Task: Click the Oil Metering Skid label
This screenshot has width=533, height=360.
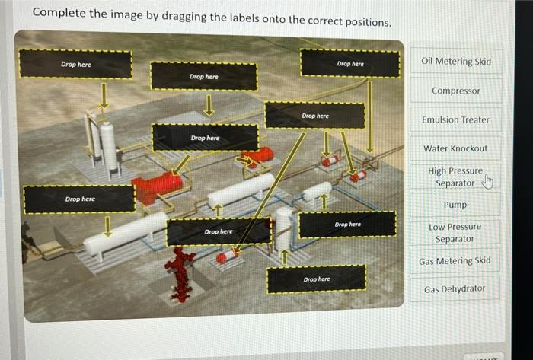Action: pyautogui.click(x=456, y=61)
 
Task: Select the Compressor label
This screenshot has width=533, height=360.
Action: pyautogui.click(x=456, y=91)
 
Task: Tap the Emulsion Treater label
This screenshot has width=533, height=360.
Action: pyautogui.click(x=455, y=119)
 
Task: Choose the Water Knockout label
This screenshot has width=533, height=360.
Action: pyautogui.click(x=455, y=148)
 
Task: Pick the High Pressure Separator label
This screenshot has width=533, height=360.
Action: pyautogui.click(x=455, y=177)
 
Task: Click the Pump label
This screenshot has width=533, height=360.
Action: pyautogui.click(x=455, y=205)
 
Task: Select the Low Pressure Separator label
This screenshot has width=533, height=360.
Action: pyautogui.click(x=455, y=233)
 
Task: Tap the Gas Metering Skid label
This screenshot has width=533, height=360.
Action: pyautogui.click(x=455, y=261)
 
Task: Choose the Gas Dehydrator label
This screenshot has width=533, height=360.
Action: pyautogui.click(x=455, y=289)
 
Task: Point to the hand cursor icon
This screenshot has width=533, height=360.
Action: pyautogui.click(x=488, y=181)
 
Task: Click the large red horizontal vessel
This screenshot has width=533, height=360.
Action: pyautogui.click(x=158, y=187)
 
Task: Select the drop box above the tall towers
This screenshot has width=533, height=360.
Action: pyautogui.click(x=75, y=64)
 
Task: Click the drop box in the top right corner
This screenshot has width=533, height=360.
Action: pyautogui.click(x=349, y=63)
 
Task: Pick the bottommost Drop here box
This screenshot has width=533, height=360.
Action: pyautogui.click(x=317, y=279)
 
